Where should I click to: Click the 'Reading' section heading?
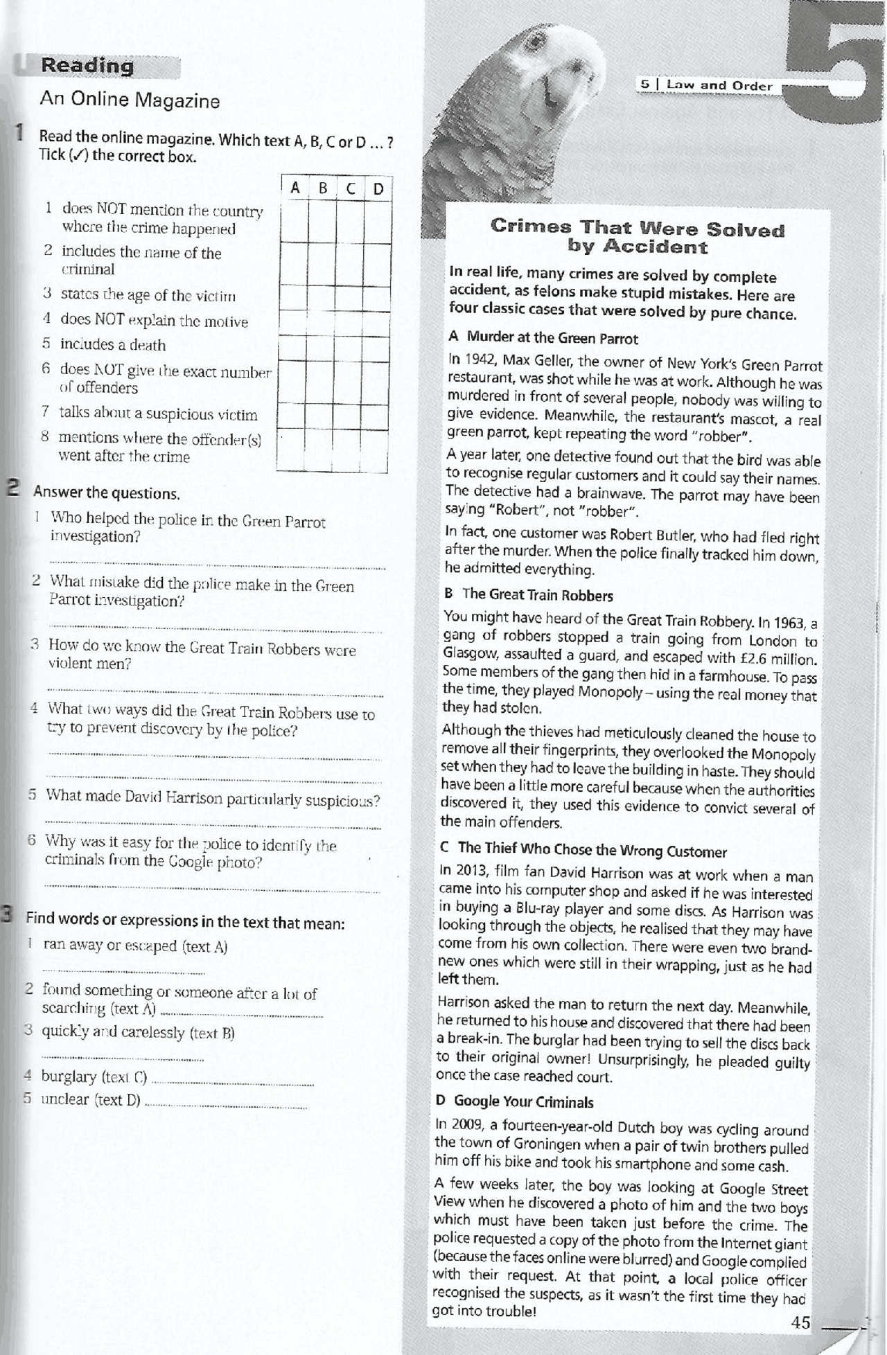87,66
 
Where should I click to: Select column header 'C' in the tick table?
351,188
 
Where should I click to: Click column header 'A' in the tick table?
295,188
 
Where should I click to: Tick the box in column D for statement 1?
378,222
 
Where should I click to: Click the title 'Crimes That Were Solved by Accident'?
637,236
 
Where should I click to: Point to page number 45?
800,1322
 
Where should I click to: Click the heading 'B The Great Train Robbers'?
528,594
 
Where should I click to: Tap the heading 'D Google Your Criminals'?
514,1101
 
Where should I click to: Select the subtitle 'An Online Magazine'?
130,100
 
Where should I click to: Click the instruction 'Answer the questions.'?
107,493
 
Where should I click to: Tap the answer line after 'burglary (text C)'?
232,1082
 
